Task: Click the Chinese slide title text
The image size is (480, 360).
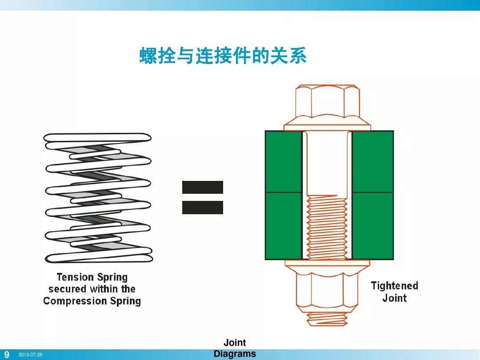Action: click(223, 57)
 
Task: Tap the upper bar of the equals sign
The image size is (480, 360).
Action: click(203, 187)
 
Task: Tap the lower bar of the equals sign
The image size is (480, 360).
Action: click(203, 208)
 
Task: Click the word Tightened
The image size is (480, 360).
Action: click(394, 286)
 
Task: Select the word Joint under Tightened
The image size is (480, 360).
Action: click(394, 298)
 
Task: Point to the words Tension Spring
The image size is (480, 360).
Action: click(92, 277)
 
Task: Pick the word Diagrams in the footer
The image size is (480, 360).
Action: click(235, 354)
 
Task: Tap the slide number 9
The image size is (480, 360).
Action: click(7, 355)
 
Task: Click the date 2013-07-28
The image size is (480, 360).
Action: click(30, 355)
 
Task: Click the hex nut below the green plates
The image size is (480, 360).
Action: click(327, 289)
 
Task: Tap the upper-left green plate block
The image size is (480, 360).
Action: click(284, 161)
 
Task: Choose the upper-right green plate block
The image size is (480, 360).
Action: click(372, 161)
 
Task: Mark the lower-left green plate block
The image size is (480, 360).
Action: click(284, 226)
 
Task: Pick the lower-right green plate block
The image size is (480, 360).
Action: click(372, 226)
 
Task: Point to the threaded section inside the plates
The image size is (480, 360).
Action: click(327, 227)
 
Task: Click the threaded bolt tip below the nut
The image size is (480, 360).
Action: click(327, 319)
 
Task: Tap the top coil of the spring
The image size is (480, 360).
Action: click(98, 138)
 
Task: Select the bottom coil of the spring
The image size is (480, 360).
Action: click(98, 257)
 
